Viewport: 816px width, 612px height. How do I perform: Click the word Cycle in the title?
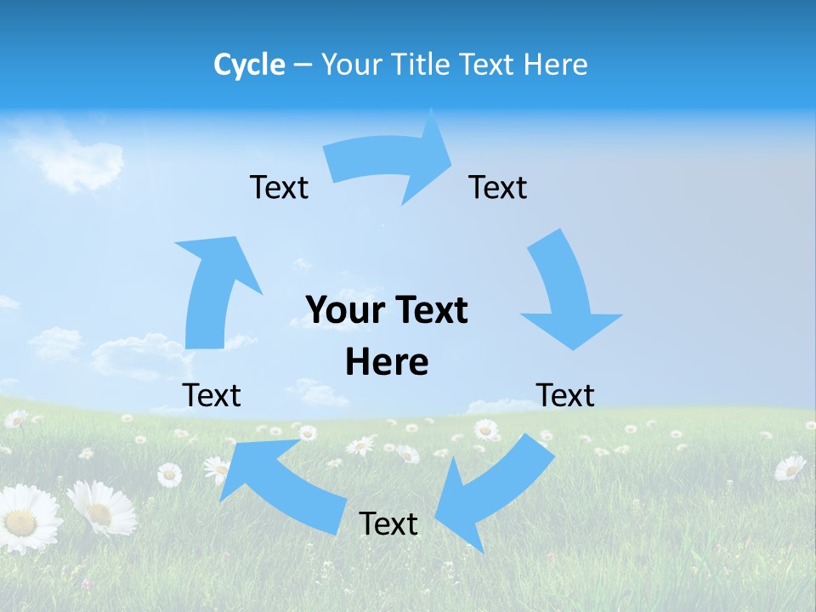click(249, 65)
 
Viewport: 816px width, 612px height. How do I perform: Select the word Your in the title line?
click(351, 65)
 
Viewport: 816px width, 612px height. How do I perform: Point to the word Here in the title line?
click(554, 65)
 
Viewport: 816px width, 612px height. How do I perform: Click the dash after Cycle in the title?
click(303, 65)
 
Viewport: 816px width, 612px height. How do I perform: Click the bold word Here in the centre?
click(387, 362)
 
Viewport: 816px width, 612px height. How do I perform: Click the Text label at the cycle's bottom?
click(388, 524)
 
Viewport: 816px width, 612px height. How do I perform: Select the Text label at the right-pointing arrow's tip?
click(498, 187)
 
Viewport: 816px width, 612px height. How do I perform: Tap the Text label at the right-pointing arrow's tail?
click(279, 187)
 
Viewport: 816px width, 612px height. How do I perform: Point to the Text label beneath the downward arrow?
click(565, 395)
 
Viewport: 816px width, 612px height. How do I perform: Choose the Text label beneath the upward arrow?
click(212, 395)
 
